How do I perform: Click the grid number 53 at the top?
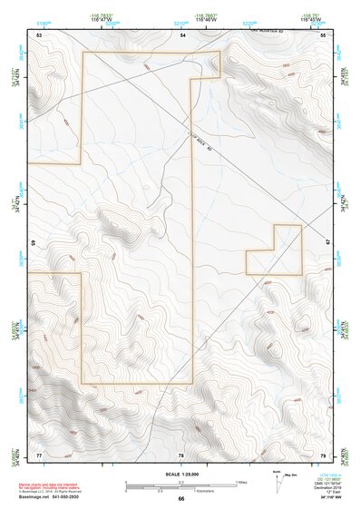pos(39,34)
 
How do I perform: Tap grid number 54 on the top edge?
pos(181,34)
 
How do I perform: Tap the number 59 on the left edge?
pos(33,244)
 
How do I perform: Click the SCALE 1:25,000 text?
pos(180,474)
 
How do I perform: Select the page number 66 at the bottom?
pos(180,498)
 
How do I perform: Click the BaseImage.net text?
pos(33,498)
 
